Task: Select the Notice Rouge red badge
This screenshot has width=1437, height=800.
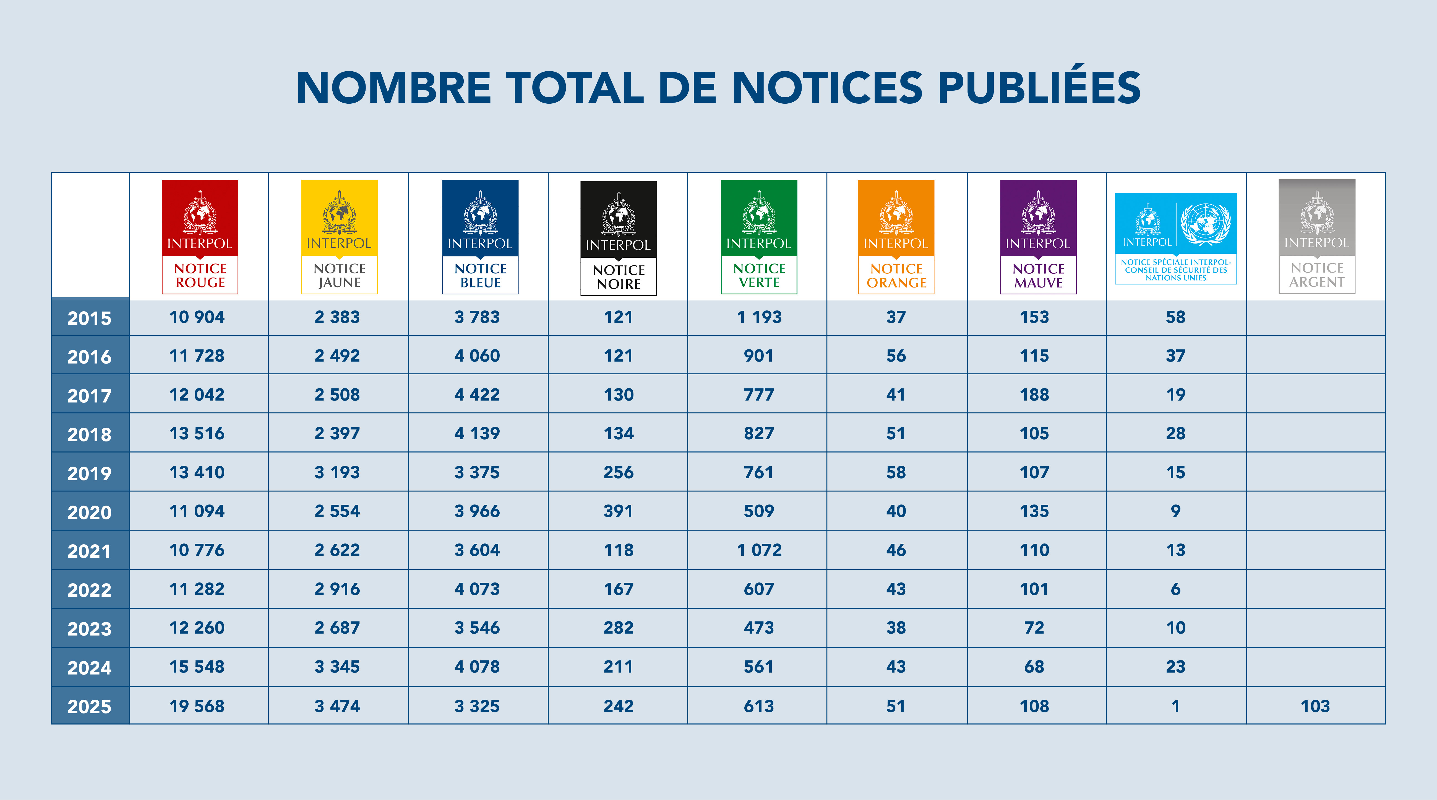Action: click(200, 237)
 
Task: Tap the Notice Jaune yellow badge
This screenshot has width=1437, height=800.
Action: click(339, 237)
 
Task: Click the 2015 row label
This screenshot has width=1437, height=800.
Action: click(89, 318)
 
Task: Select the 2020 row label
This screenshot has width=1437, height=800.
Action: click(89, 512)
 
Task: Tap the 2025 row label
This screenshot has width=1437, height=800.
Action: click(89, 706)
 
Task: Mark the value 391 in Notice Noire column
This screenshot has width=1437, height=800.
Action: click(618, 511)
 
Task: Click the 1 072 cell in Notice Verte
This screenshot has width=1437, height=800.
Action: click(759, 550)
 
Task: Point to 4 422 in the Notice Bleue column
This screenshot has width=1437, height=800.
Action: click(477, 394)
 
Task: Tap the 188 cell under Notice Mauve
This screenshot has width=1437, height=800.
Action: click(1034, 394)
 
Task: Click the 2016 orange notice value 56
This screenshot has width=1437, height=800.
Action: click(896, 355)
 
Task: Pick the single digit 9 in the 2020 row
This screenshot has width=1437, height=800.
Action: click(1175, 511)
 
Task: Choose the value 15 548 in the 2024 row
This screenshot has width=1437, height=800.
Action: click(197, 667)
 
